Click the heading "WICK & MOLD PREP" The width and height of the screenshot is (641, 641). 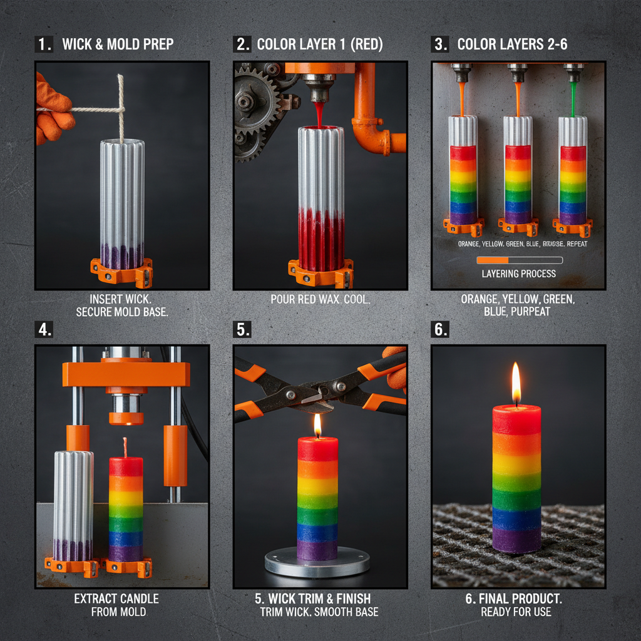tap(118, 44)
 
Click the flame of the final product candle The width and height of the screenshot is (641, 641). tap(516, 384)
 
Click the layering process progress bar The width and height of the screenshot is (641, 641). tap(519, 260)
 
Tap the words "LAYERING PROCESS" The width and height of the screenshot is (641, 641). tap(519, 274)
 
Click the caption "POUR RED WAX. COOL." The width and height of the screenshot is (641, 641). tap(320, 299)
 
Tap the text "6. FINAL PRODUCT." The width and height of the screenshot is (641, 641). tap(516, 598)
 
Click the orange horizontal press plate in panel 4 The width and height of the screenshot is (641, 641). tap(125, 374)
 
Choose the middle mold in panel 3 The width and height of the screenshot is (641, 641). tap(518, 169)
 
